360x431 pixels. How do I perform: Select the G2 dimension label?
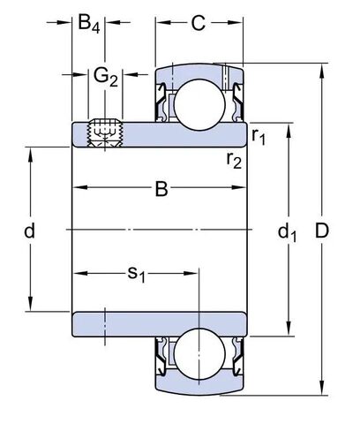click(105, 77)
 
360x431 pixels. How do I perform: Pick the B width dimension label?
click(161, 187)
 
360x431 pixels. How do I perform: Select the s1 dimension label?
click(136, 275)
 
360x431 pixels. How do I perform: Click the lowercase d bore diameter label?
click(29, 231)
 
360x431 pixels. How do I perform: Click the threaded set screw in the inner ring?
click(105, 133)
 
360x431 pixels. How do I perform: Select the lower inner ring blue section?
click(159, 324)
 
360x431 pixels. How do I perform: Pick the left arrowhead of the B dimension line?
click(76, 187)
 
